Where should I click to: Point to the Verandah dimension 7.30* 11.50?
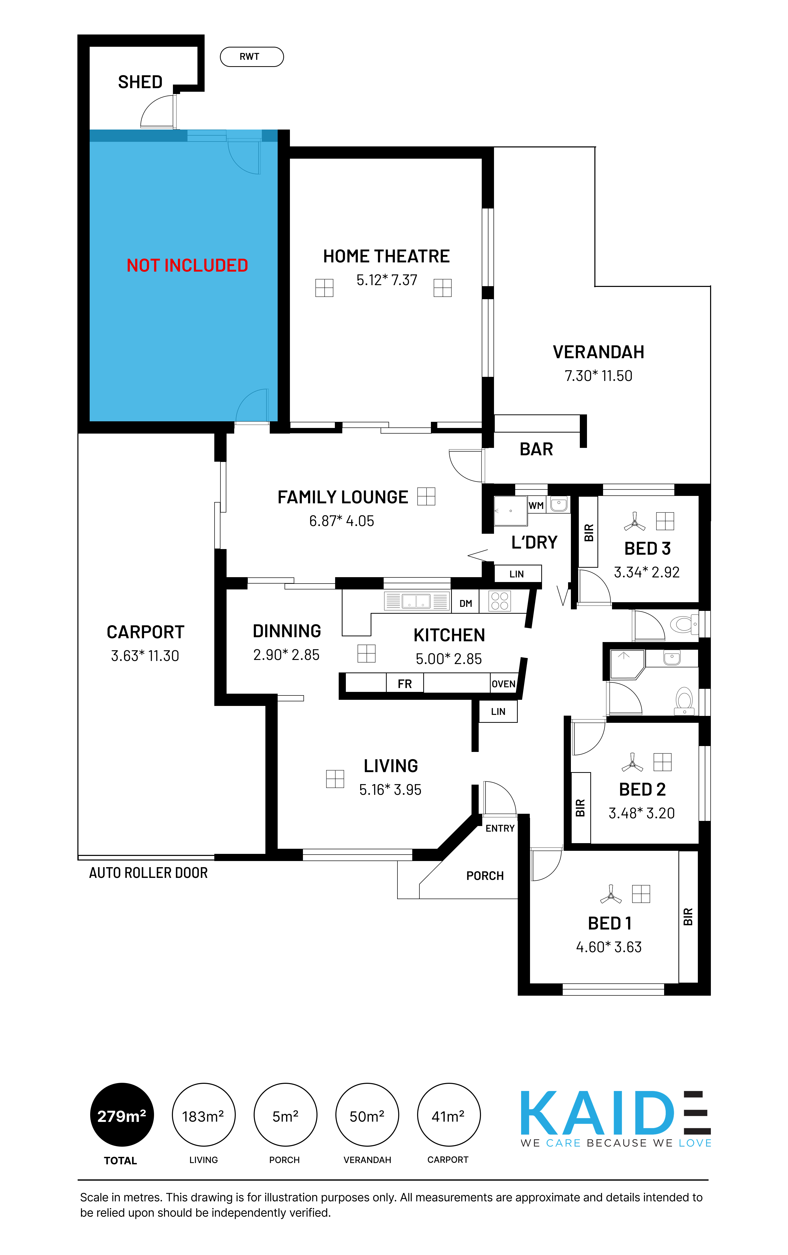coord(598,376)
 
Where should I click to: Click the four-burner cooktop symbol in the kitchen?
coord(499,601)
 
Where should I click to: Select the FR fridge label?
coord(404,684)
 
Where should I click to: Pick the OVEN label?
coord(503,684)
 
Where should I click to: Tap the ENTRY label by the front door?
coord(500,828)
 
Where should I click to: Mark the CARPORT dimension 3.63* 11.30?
coord(145,656)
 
